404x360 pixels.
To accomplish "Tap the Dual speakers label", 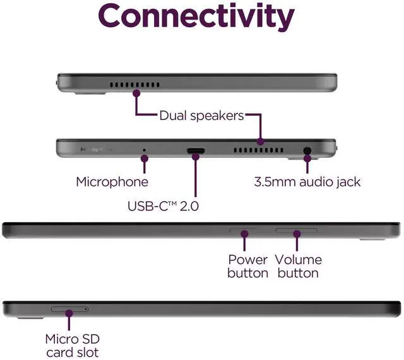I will [x=201, y=116].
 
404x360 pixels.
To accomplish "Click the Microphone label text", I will [x=112, y=182].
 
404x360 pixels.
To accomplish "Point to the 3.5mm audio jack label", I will [x=307, y=182].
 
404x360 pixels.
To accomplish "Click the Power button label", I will [x=247, y=266].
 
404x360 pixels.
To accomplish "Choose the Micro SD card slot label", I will [x=72, y=345].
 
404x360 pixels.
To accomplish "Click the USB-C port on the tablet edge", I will [x=196, y=151].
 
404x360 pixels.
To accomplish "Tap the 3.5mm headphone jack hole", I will [x=307, y=151].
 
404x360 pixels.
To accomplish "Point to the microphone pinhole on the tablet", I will [x=145, y=151].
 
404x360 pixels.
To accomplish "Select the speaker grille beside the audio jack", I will [x=258, y=152].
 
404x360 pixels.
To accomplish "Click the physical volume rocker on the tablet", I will [x=296, y=231].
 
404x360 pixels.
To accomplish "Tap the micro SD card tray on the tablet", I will [x=69, y=309].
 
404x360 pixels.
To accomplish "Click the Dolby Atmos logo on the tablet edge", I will [x=95, y=151].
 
